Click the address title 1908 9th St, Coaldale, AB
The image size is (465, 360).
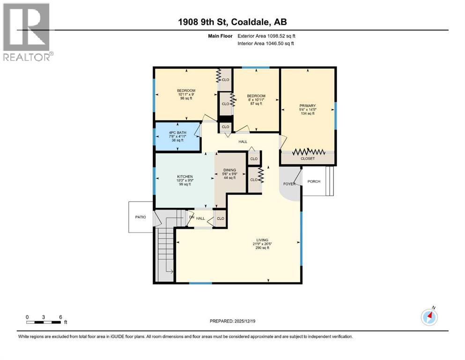(x=232, y=22)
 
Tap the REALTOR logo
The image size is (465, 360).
(x=28, y=32)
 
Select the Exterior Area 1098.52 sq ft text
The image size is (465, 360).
(x=266, y=36)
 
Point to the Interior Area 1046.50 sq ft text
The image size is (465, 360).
(x=266, y=43)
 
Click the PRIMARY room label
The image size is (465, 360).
(x=308, y=105)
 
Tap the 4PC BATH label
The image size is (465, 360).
(x=177, y=133)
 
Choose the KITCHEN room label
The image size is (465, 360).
(x=185, y=177)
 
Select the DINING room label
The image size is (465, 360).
(x=229, y=170)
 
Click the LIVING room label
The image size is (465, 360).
(x=262, y=240)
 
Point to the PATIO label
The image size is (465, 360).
(x=140, y=217)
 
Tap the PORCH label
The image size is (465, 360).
(x=314, y=181)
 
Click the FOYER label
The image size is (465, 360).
(x=289, y=184)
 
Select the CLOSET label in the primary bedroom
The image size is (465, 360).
(x=308, y=158)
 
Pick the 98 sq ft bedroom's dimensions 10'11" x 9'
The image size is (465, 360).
(x=186, y=94)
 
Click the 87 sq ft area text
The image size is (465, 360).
(x=256, y=104)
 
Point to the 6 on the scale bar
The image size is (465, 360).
(x=60, y=317)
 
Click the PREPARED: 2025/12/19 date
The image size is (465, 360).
(x=232, y=321)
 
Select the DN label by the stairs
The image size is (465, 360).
(x=192, y=217)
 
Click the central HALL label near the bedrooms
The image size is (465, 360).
(x=243, y=142)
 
